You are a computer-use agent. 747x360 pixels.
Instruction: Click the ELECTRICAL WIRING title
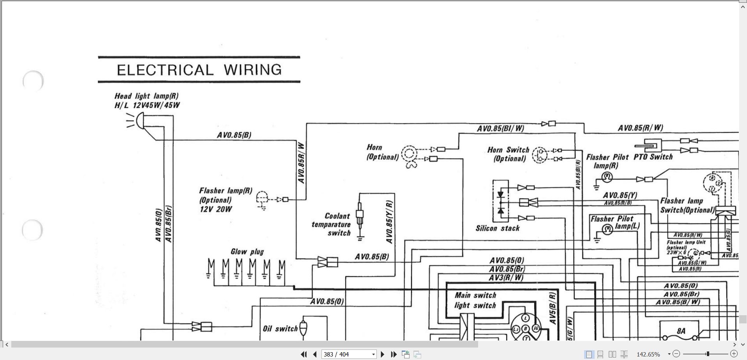(199, 70)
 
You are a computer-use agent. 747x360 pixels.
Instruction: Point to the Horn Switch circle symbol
(540, 154)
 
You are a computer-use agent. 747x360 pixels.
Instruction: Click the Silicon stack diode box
(501, 202)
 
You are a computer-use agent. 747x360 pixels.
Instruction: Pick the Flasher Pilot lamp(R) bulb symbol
(607, 178)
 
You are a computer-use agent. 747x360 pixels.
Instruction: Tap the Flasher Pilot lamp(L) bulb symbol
(607, 229)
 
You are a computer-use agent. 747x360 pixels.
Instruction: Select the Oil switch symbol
(303, 328)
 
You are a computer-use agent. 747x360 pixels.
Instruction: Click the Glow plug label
(247, 252)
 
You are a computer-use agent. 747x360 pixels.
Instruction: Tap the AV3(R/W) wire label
(506, 277)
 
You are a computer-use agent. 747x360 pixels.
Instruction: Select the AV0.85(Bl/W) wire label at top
(500, 128)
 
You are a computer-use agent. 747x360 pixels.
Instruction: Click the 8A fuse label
(680, 331)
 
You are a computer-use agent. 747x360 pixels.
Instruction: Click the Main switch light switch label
(475, 300)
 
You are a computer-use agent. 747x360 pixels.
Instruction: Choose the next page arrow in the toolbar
(382, 354)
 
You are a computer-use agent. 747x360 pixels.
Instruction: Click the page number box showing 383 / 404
(348, 354)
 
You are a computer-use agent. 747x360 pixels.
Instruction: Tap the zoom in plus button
(734, 354)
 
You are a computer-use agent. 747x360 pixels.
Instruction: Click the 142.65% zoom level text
(648, 354)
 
